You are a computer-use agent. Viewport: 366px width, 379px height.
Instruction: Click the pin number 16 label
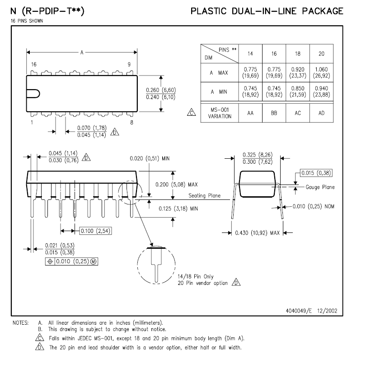click(x=34, y=64)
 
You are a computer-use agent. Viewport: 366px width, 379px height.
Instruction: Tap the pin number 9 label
click(x=129, y=64)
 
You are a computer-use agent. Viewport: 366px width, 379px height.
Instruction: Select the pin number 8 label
click(x=131, y=122)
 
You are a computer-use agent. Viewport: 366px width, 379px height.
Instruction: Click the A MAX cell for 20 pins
click(x=321, y=72)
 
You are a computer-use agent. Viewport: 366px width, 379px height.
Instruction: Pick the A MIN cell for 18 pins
click(x=298, y=92)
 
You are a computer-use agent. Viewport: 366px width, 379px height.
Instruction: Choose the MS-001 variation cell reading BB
click(x=274, y=113)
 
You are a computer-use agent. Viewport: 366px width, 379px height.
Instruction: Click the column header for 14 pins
click(x=250, y=53)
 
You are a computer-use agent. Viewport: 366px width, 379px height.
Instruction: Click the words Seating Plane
click(x=204, y=196)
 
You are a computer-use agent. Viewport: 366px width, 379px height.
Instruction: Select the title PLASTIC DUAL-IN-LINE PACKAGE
click(x=267, y=11)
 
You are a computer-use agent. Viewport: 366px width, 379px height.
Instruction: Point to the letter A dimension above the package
click(x=82, y=52)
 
